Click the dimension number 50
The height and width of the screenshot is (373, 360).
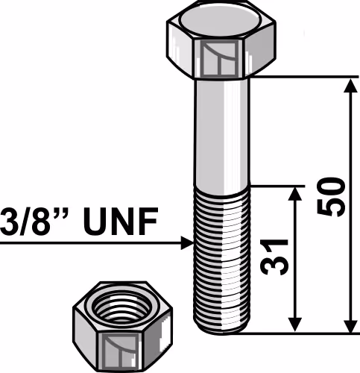tap(332, 196)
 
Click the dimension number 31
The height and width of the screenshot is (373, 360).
tap(274, 257)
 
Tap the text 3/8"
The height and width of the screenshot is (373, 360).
tap(34, 222)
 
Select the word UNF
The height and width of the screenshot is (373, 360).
tap(121, 222)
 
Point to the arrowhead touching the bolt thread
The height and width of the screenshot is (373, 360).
tap(187, 243)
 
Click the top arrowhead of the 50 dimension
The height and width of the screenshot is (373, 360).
tap(350, 87)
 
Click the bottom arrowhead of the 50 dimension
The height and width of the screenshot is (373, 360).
tap(350, 325)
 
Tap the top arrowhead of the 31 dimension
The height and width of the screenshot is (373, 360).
tap(295, 194)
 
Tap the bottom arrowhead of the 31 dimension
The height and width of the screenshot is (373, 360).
tap(295, 325)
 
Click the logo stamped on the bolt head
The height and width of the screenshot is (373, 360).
tap(220, 59)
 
